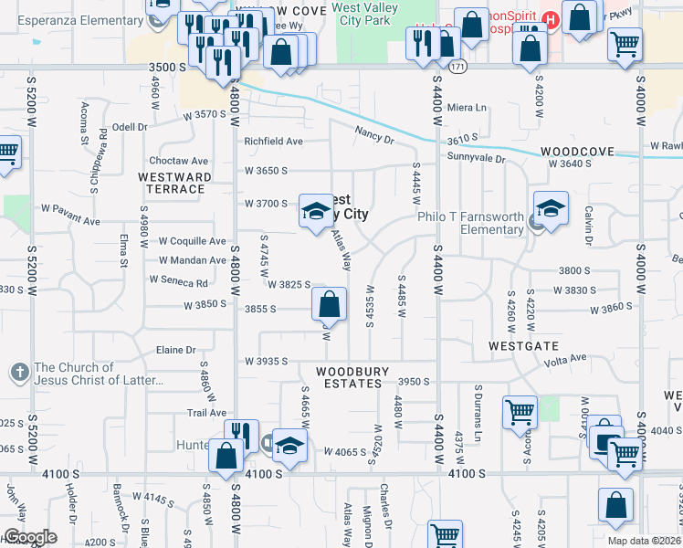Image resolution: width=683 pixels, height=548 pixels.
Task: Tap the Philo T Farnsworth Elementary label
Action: (x=470, y=223)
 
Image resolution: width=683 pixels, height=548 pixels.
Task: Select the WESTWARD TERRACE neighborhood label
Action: (x=175, y=183)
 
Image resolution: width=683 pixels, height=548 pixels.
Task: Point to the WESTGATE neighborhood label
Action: (x=523, y=347)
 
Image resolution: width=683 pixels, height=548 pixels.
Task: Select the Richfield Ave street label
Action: (x=273, y=142)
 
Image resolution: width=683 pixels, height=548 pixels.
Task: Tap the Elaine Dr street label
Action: (x=177, y=350)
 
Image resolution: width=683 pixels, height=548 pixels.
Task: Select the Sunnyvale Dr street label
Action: (x=476, y=158)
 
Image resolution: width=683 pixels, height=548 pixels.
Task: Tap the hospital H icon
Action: (x=551, y=18)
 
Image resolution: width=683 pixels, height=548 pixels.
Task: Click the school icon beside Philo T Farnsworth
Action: (x=551, y=211)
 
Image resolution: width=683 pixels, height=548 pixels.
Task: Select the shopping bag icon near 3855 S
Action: (x=330, y=304)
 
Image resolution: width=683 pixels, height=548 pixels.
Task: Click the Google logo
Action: (x=29, y=537)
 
